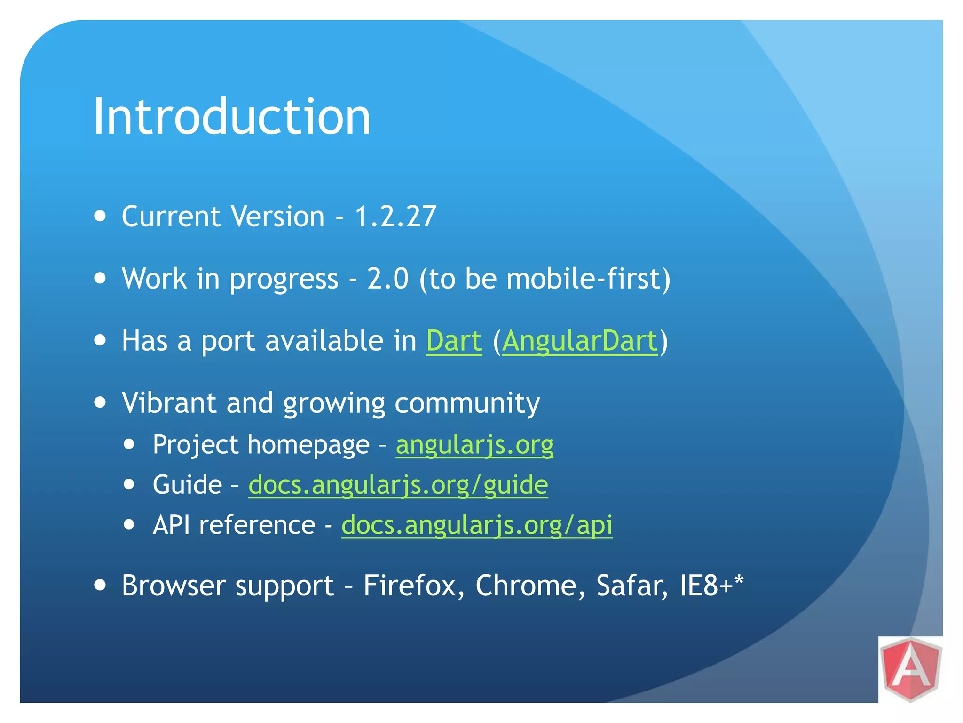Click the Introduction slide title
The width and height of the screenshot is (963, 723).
pos(232,116)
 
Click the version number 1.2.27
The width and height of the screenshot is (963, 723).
pos(395,217)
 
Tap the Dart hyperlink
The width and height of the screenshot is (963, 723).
pos(454,340)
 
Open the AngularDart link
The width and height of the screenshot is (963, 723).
pos(580,340)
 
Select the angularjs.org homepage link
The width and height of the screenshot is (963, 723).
pos(474,445)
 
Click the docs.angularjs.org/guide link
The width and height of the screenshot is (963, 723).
pos(398,485)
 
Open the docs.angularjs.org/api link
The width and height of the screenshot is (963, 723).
pos(476,525)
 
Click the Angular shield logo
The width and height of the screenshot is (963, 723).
pos(911,669)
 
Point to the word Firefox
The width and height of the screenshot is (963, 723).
pos(414,586)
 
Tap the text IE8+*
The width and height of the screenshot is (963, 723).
pos(711,586)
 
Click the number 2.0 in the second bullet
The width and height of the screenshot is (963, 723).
pos(387,279)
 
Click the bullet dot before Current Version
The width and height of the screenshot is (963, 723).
pos(100,216)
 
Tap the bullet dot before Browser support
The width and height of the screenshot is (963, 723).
pos(100,585)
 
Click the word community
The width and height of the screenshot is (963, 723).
pos(467,403)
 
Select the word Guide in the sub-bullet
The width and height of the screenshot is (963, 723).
pos(187,485)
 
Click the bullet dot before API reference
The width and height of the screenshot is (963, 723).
pos(129,524)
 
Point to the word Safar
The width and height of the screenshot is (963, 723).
pos(631,586)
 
